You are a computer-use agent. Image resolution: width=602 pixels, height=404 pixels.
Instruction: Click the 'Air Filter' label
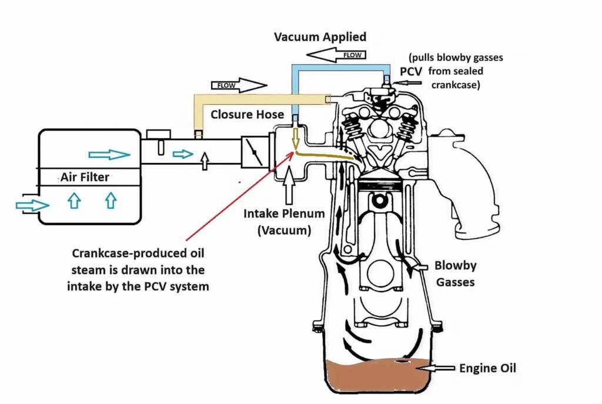pyautogui.click(x=85, y=176)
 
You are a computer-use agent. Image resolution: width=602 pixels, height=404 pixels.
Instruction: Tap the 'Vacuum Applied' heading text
pyautogui.click(x=320, y=37)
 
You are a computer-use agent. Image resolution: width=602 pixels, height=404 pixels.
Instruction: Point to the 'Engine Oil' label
pyautogui.click(x=487, y=369)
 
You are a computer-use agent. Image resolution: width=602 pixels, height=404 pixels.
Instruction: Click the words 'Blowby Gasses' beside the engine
pyautogui.click(x=455, y=273)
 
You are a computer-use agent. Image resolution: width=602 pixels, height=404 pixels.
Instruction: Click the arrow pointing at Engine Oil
pyautogui.click(x=439, y=368)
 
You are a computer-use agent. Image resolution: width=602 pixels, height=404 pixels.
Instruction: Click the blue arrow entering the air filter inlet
pyautogui.click(x=32, y=205)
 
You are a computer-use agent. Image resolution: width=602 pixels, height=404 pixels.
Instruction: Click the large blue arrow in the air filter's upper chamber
pyautogui.click(x=109, y=155)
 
